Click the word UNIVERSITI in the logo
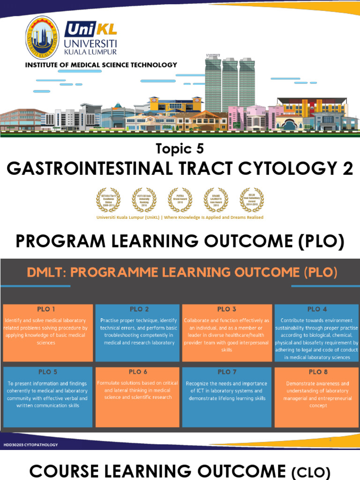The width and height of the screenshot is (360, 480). pos(91,43)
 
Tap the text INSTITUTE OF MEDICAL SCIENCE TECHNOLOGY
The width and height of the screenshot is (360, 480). pos(101,65)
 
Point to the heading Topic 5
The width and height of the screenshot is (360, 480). pos(180,149)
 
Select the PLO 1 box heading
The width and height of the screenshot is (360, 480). pos(46,309)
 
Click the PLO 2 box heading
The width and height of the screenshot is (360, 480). pos(139,309)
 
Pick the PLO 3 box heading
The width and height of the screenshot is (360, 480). pos(227,309)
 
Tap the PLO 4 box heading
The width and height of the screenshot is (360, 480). pos(317,309)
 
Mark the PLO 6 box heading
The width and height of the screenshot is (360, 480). pos(138,372)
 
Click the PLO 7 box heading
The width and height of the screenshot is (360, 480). pos(227,372)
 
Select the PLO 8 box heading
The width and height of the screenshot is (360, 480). pos(317,372)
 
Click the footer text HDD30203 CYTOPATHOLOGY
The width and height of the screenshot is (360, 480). pos(30,444)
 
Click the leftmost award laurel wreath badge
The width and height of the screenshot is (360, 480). pos(108,200)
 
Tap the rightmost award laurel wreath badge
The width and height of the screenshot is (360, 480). pos(252,200)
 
